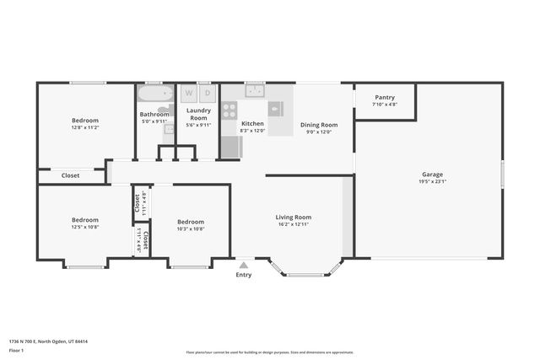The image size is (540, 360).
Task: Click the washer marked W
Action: tap(189, 92)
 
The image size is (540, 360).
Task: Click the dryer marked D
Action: tap(207, 92)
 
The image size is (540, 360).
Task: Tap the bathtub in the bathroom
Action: tap(155, 93)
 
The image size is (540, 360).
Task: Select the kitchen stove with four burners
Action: tap(229, 110)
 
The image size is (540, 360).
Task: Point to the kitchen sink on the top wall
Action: tap(255, 90)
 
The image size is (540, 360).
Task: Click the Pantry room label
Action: tap(384, 98)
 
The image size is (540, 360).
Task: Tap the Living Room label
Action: tap(293, 218)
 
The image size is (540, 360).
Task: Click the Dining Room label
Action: tap(318, 125)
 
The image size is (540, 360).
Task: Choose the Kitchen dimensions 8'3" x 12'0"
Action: tap(252, 131)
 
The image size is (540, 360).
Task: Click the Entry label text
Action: tap(243, 275)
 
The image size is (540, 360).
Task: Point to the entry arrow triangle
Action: tap(243, 265)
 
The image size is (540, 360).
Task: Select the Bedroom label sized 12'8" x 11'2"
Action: tap(84, 121)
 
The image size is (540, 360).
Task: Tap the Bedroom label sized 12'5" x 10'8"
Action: tap(84, 220)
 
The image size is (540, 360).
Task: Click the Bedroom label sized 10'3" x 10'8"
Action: tap(191, 222)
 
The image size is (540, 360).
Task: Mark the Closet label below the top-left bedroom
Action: tap(71, 175)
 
